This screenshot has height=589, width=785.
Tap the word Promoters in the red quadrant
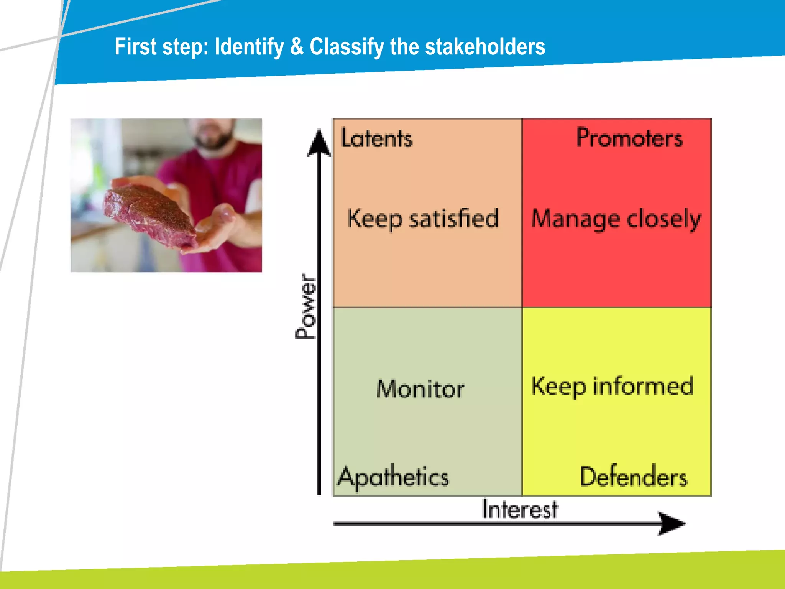(629, 138)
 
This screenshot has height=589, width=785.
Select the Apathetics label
(393, 477)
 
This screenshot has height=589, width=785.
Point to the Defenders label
(633, 477)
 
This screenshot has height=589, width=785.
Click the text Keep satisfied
(423, 219)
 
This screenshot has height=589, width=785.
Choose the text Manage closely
(616, 219)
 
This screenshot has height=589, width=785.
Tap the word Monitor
(420, 389)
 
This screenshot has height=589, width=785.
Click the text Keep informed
(612, 386)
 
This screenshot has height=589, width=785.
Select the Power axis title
(306, 306)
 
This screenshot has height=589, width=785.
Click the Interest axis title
(520, 509)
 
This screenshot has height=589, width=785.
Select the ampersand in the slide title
(297, 47)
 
